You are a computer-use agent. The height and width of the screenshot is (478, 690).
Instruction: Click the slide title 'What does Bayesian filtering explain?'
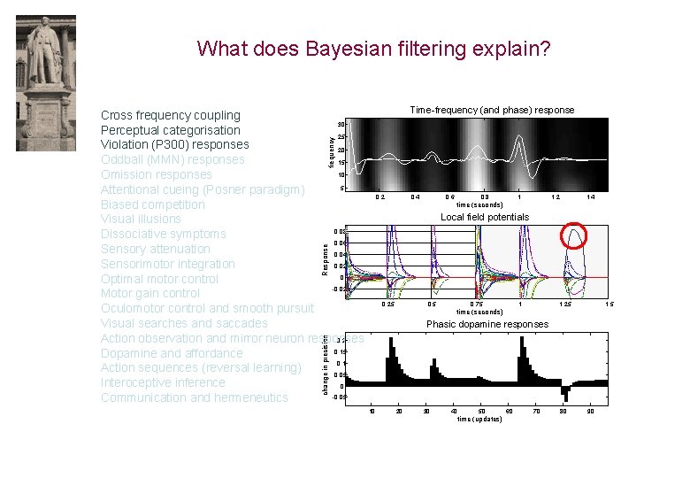(x=373, y=48)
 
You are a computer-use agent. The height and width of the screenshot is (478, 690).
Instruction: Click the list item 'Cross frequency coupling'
(x=170, y=115)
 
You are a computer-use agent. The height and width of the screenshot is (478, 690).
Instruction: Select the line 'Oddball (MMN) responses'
(x=172, y=159)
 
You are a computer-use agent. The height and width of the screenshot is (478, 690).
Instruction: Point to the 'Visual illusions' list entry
(x=141, y=219)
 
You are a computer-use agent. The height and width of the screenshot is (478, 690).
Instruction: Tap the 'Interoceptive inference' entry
(x=163, y=382)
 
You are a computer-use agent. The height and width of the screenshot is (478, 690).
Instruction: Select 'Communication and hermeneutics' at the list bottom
(x=194, y=397)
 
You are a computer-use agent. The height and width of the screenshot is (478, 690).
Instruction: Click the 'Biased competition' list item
(x=152, y=204)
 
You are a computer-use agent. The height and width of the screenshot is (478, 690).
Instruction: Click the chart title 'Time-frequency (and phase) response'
(x=492, y=110)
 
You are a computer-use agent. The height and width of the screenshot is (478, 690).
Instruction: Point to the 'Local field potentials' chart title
(x=485, y=217)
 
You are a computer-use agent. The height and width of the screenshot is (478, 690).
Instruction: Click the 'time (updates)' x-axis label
(x=479, y=419)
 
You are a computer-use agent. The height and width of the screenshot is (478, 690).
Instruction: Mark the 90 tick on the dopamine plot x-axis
(x=591, y=411)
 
